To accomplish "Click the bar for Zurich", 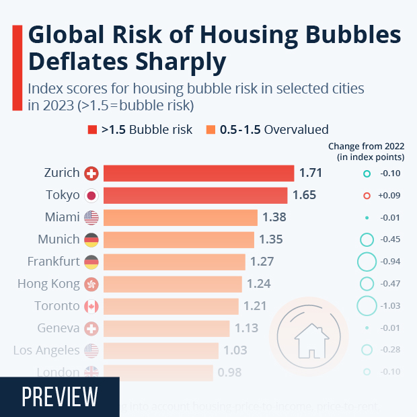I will (199, 174).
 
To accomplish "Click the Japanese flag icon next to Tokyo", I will (91, 196).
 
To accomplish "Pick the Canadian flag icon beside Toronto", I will (91, 307).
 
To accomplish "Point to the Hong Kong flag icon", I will (91, 285).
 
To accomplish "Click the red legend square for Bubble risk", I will (92, 129).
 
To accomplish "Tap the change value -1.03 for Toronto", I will (391, 306).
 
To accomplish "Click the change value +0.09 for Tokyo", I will (391, 196).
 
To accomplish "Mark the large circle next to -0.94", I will (367, 262).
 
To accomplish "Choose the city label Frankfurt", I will (54, 262).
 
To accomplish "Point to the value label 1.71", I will (311, 173).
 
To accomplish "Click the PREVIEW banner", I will (59, 397).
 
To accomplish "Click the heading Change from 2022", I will (366, 146).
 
